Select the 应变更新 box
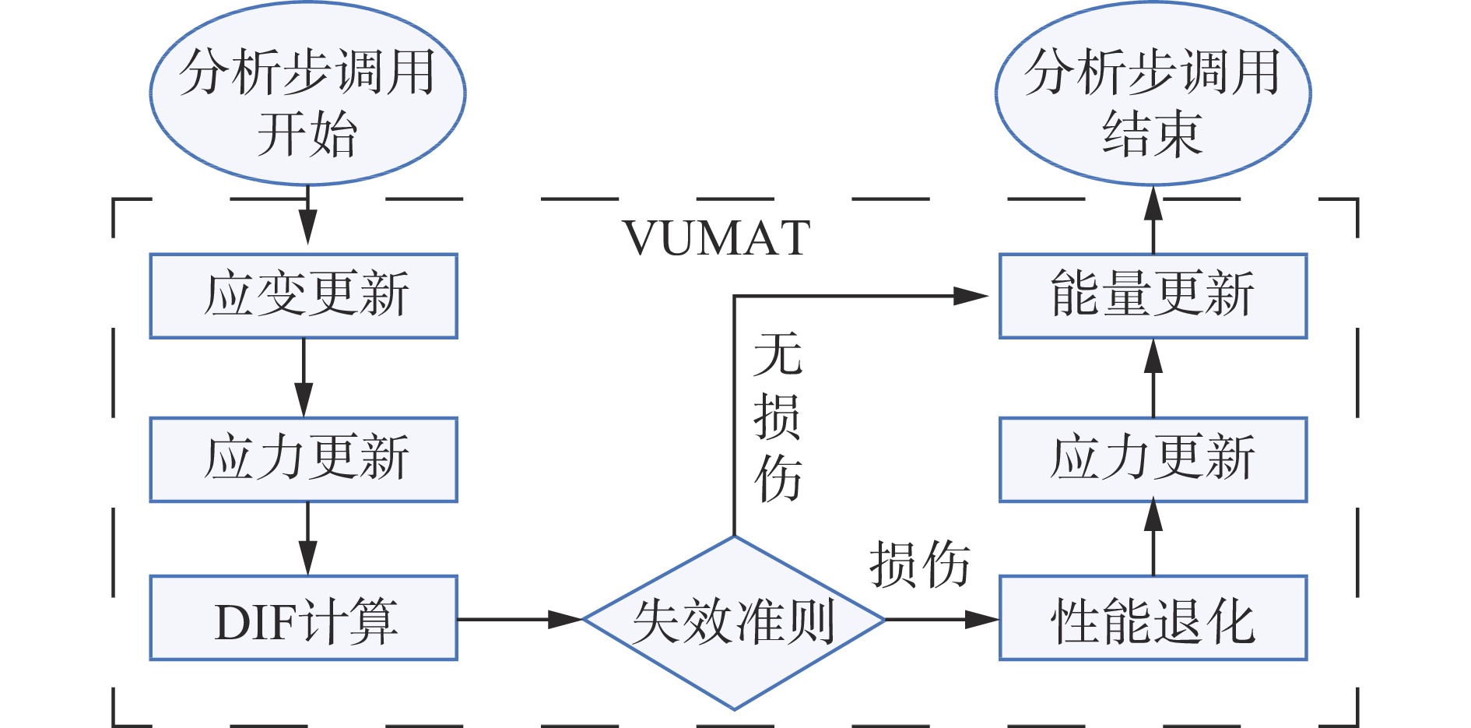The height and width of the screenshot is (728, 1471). [304, 296]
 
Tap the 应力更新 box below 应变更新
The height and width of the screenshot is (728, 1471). [304, 459]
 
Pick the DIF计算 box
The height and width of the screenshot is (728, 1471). [304, 618]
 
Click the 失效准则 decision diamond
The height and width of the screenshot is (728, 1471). [734, 621]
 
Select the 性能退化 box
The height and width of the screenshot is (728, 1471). [1153, 618]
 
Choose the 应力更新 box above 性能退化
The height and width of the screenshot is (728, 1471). [1153, 459]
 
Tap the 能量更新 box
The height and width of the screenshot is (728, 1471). [1153, 296]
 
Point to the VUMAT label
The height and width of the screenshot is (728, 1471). [717, 237]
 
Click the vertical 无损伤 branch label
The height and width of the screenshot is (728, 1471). [778, 417]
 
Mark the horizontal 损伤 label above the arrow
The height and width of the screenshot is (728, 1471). [919, 564]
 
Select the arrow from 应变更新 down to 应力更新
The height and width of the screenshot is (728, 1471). [304, 378]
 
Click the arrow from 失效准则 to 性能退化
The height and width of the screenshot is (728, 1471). [942, 620]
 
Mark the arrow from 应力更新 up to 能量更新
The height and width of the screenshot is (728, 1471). [1153, 378]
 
